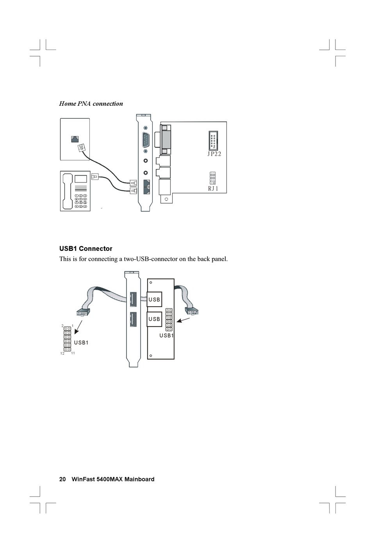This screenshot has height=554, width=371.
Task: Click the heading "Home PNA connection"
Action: pos(91,104)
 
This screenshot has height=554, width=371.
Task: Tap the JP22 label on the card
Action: pos(214,154)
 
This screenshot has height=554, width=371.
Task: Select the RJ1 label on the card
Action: pos(213,189)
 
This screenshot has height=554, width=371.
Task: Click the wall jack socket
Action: pos(74,138)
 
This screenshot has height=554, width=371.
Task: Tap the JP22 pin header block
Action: pos(214,140)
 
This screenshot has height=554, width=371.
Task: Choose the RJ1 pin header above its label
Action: pos(212,178)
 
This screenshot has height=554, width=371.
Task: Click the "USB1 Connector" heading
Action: pos(86,249)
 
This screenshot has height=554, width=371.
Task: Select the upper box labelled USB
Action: pos(155,300)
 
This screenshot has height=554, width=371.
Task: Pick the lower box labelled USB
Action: pos(155,319)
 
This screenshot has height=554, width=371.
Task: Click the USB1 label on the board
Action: pos(166,336)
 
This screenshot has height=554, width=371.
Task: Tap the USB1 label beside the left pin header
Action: pos(81,343)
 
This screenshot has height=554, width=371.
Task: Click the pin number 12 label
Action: pos(62,353)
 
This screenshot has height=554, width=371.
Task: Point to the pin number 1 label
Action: pos(73,325)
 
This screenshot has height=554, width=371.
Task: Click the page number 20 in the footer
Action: pos(62,479)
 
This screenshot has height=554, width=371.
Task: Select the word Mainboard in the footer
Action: pos(139,479)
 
